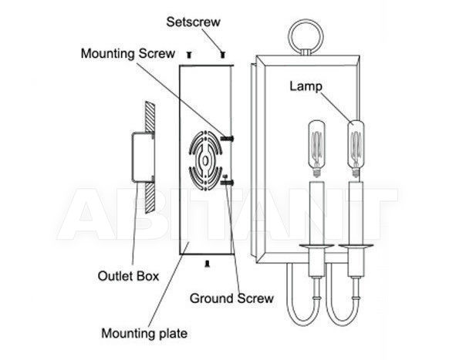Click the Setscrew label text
coord(193,22)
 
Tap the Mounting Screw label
coord(127,53)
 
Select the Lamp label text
coord(306,86)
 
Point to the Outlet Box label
coord(128,276)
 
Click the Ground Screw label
coord(231,298)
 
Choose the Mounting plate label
coord(144,333)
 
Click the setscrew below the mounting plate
coord(207,263)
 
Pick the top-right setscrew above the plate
coord(223,54)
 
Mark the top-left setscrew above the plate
coord(190,54)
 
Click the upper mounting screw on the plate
coord(228,139)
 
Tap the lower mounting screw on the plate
coord(228,183)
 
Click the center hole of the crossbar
coord(205,160)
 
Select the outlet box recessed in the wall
coord(143,157)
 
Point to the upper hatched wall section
coord(150,117)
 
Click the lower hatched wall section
coord(150,198)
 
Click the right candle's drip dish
coord(356,246)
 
